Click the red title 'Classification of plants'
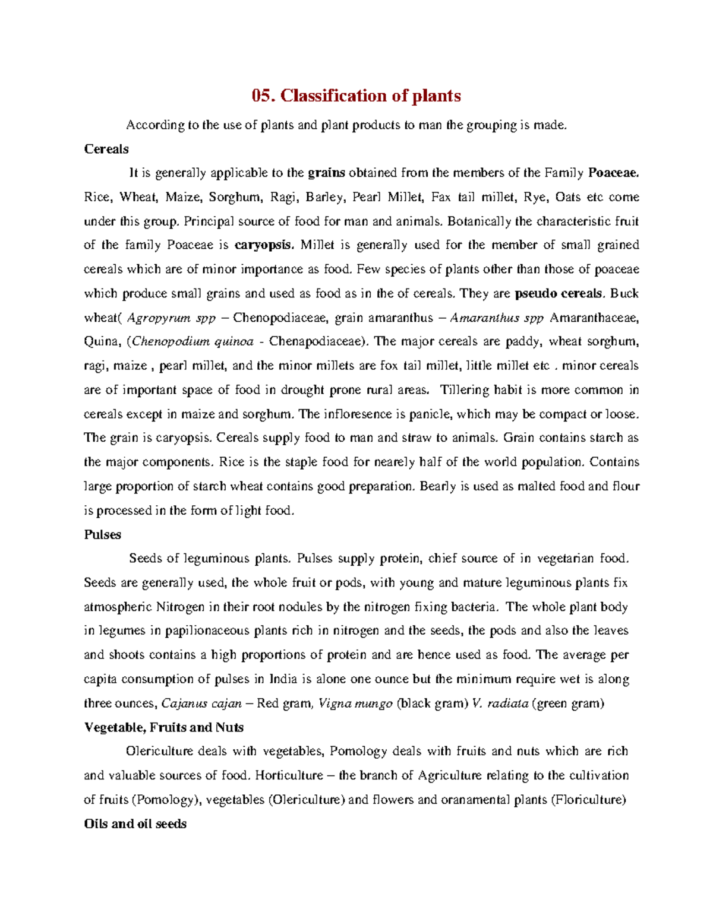point(356,96)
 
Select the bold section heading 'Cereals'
point(106,149)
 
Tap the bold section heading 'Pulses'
point(102,534)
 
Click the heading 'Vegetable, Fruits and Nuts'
point(163,727)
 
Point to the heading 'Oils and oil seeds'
point(135,823)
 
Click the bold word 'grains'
point(326,173)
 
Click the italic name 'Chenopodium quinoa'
point(193,341)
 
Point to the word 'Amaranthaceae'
point(595,318)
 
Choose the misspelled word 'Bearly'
point(438,486)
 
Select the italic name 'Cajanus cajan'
point(201,704)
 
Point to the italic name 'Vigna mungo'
point(355,704)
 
